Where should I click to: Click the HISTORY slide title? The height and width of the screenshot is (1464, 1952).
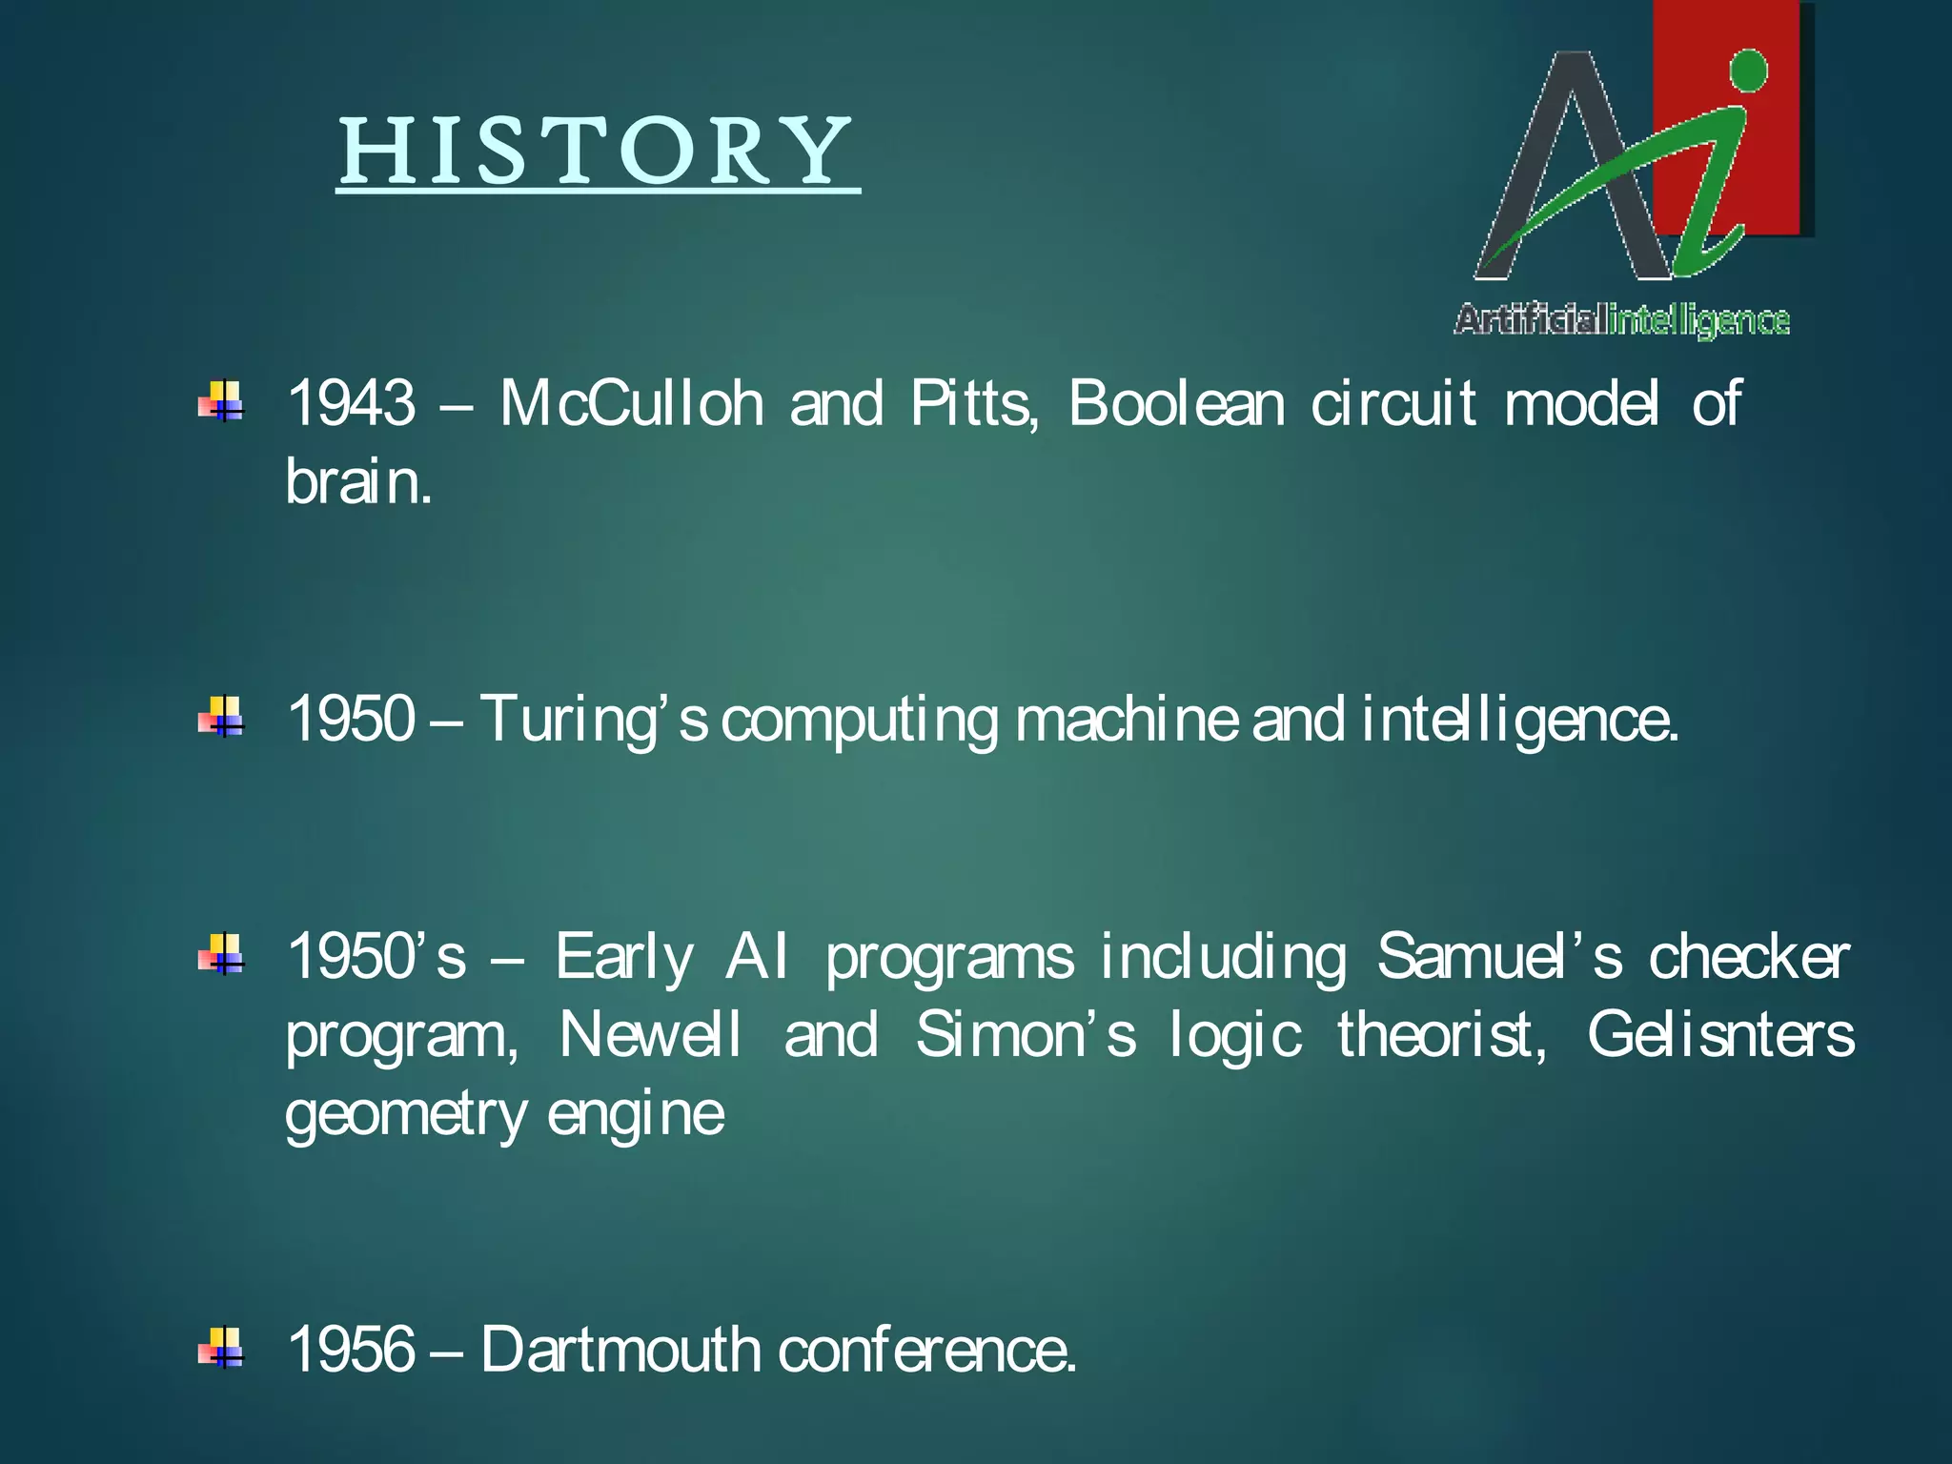tap(598, 152)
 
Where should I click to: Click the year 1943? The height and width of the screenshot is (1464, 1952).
tap(351, 403)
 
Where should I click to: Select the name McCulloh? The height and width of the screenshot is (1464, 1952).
tap(631, 403)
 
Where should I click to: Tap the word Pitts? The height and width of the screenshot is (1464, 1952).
tap(972, 403)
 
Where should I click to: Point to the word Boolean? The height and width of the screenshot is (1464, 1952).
tap(1176, 403)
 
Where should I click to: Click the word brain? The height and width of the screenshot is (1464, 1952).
tap(358, 482)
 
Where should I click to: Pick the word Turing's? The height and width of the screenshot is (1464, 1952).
tap(593, 720)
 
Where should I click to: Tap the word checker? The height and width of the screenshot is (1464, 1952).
tap(1749, 957)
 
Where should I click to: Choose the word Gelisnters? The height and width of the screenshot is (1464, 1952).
tap(1720, 1035)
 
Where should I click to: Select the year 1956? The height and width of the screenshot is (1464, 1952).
tap(351, 1350)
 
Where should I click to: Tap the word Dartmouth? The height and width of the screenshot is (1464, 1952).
tap(620, 1350)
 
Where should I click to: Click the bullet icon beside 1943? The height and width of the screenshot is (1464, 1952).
tap(221, 401)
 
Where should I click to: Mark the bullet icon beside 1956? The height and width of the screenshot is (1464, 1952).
tap(221, 1348)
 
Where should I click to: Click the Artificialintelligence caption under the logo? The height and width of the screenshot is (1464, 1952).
tap(1621, 320)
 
